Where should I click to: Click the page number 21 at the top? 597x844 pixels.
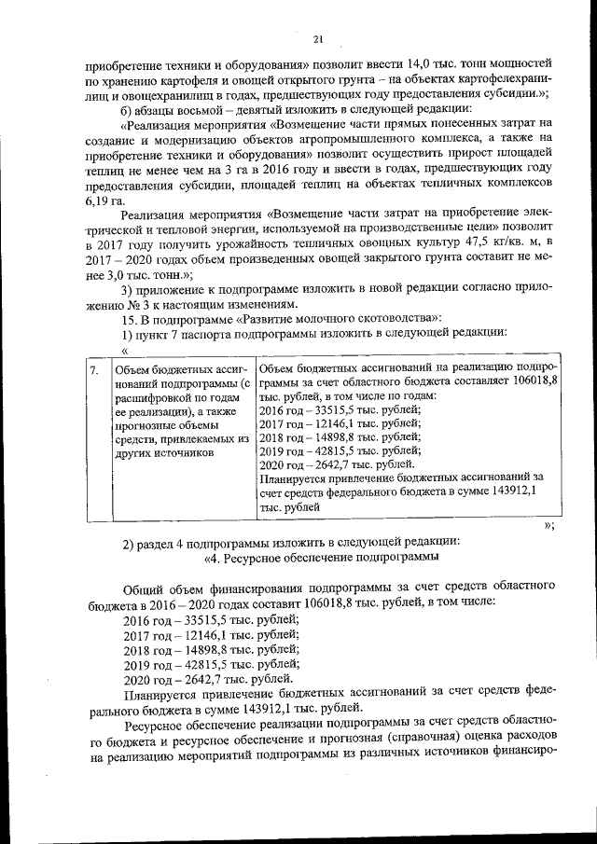coord(317,38)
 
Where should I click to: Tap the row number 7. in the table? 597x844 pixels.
coord(94,370)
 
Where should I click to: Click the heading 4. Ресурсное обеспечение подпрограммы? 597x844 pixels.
coord(321,558)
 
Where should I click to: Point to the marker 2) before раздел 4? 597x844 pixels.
coord(131,543)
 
